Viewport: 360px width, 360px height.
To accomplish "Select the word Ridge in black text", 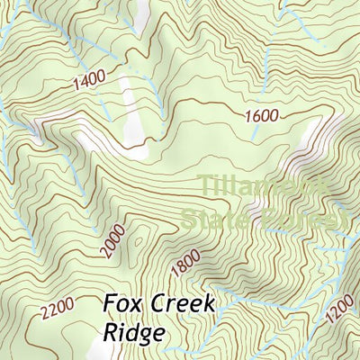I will coord(132,332).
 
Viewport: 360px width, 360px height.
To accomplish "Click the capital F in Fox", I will coord(108,303).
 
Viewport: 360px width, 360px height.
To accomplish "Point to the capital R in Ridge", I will coord(109,332).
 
